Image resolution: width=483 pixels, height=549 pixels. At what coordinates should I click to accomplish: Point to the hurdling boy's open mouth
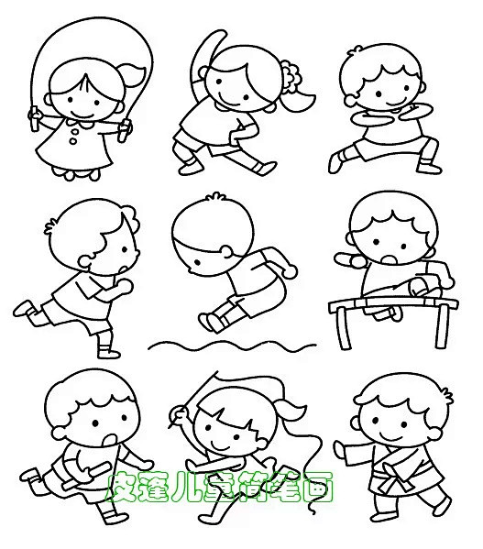[390, 260]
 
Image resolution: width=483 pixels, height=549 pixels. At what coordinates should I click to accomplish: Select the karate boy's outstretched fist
[339, 448]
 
